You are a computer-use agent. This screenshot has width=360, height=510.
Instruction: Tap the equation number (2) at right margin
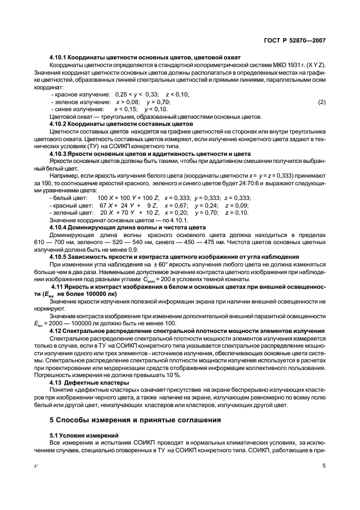322,102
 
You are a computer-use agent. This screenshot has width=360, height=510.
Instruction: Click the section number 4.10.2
58,124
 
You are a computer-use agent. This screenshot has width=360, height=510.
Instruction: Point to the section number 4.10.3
58,154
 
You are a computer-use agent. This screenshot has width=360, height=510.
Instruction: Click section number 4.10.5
58,255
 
